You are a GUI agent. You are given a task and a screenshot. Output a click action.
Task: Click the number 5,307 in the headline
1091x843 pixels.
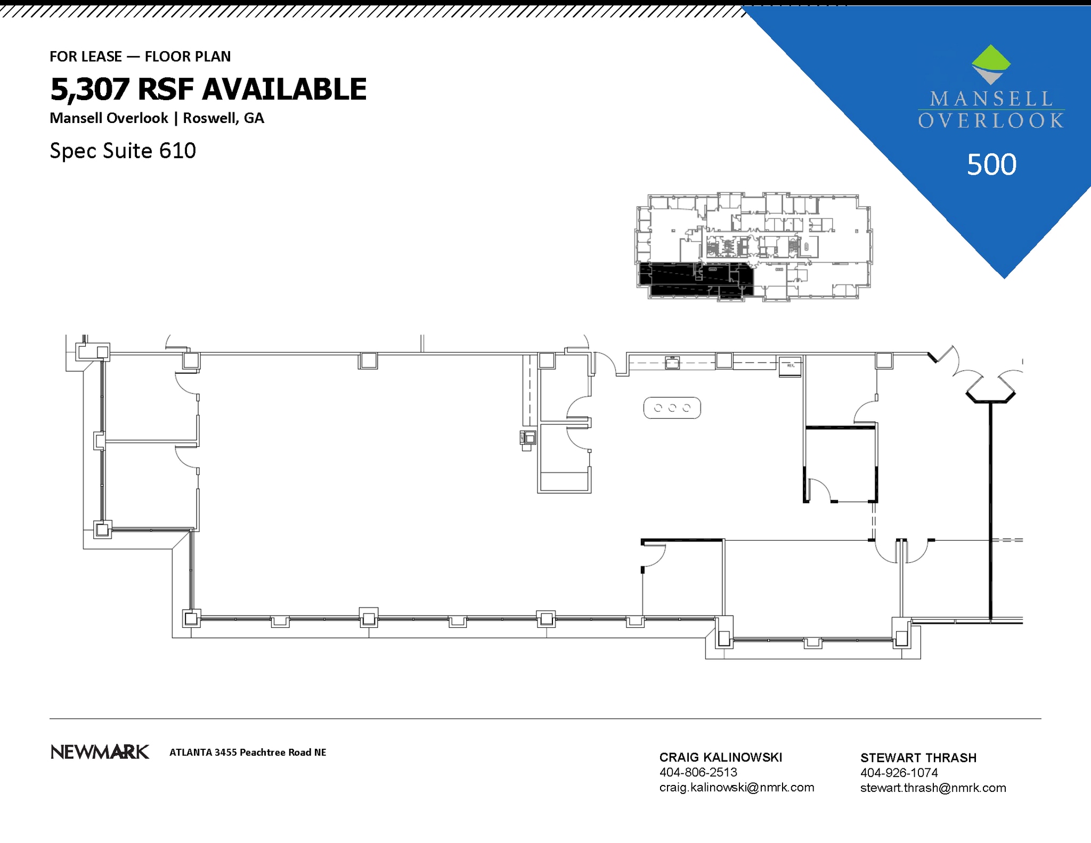[89, 89]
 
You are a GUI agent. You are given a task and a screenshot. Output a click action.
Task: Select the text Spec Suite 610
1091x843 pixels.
[123, 151]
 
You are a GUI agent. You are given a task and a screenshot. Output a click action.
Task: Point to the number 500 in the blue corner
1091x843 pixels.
[991, 164]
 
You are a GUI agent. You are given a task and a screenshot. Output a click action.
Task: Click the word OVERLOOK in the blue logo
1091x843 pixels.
[991, 121]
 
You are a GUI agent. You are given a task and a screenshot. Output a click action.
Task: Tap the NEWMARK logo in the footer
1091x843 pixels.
[100, 752]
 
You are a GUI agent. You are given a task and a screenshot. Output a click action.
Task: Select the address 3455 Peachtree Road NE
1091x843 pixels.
[270, 752]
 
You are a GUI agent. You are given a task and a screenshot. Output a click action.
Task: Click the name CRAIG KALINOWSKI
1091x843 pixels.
[721, 757]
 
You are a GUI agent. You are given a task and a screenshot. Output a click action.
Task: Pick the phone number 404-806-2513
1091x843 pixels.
[698, 772]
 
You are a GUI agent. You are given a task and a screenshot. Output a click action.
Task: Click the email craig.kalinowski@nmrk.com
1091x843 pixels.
[737, 788]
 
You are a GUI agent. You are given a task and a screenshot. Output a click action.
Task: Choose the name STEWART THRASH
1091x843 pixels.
[918, 758]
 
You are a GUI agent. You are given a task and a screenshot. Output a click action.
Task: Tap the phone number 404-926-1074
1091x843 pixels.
[899, 773]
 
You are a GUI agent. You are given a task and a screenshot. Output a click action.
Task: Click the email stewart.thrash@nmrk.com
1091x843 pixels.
[933, 788]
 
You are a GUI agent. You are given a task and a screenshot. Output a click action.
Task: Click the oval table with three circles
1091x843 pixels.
[672, 408]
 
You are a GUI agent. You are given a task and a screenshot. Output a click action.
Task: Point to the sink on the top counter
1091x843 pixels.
[672, 363]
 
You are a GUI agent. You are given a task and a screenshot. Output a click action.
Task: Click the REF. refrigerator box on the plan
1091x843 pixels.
[790, 366]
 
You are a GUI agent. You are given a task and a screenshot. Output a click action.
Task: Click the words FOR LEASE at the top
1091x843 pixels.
[86, 56]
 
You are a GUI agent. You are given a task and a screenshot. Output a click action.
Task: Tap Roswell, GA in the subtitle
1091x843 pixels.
[223, 118]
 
